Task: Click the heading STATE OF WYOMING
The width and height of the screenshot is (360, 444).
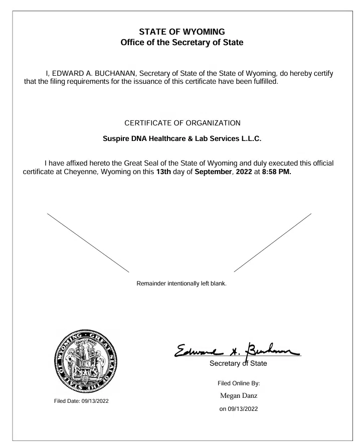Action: (182, 32)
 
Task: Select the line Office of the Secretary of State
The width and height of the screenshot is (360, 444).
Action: (182, 43)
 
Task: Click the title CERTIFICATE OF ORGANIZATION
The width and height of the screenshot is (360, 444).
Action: (182, 123)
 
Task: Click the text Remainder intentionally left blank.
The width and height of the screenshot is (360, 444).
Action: (182, 283)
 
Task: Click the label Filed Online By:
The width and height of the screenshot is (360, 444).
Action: (239, 383)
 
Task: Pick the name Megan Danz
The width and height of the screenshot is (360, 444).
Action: (239, 396)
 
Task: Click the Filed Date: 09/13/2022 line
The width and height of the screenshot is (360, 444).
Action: (81, 400)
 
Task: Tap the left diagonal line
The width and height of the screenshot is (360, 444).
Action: (88, 242)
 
